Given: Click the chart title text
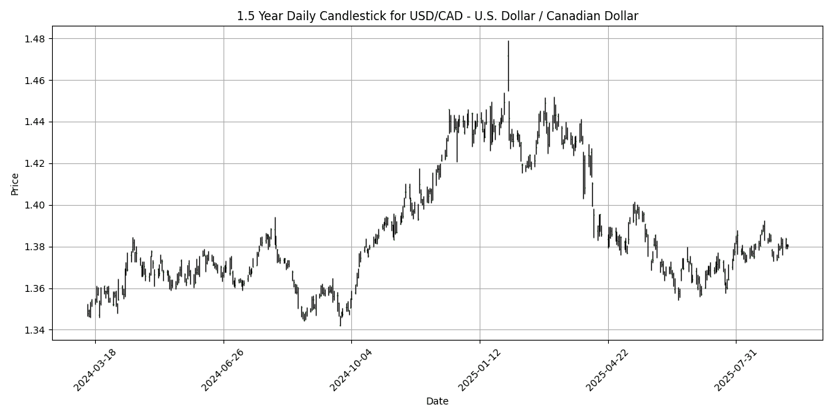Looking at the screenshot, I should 437,16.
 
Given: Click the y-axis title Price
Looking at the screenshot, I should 15,184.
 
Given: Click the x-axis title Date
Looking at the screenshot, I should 437,401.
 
